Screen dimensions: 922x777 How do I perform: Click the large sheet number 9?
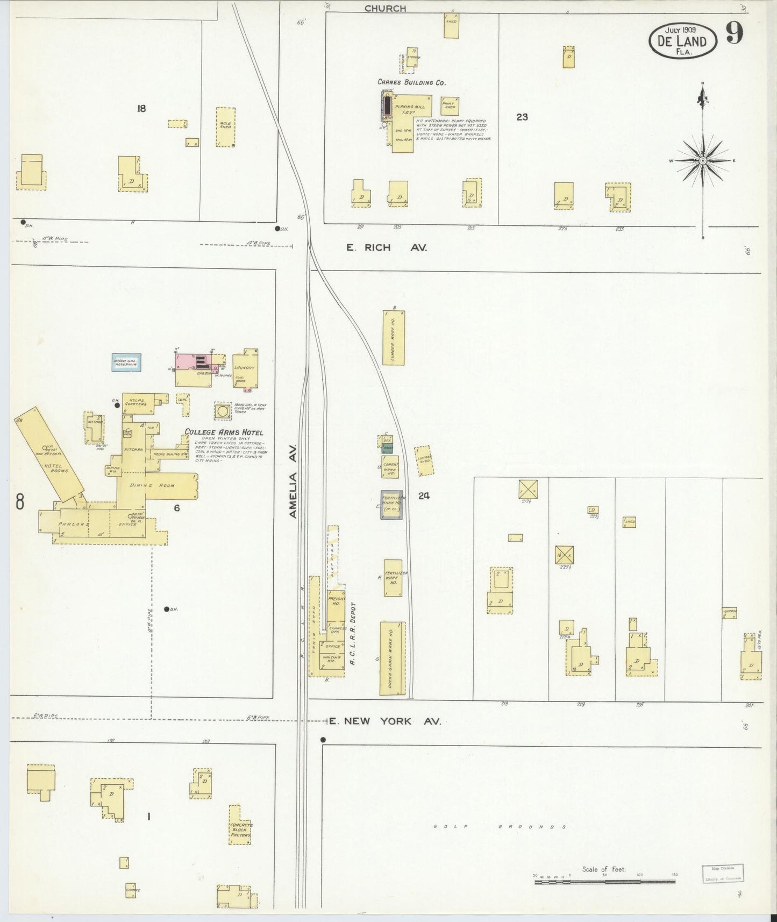pos(734,34)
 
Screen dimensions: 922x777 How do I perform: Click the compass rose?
pos(702,160)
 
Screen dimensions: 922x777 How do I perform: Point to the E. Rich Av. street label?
pos(387,248)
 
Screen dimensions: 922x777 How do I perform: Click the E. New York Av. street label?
pos(384,721)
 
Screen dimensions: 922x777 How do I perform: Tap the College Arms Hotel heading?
pos(224,432)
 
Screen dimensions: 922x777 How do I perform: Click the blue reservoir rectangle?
pos(125,363)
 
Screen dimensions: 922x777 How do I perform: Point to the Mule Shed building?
pos(226,127)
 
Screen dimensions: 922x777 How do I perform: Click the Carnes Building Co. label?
pos(411,82)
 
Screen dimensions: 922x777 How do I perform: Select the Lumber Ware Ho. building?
pos(394,338)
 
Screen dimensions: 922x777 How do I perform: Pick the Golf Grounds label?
pos(500,827)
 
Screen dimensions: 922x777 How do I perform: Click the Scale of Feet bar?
pos(605,883)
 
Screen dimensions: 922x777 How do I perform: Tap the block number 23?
pos(522,117)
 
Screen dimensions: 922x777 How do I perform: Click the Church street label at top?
pos(385,8)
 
